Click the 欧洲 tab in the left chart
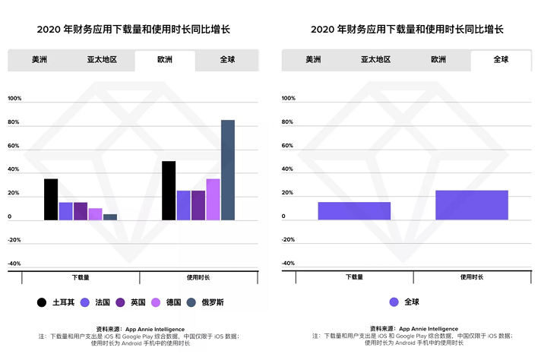(164, 60)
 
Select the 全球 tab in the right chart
(501, 59)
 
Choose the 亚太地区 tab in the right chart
(376, 59)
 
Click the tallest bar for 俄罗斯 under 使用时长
(228, 170)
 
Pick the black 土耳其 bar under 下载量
(51, 200)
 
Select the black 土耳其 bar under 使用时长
(169, 191)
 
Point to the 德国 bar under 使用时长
(213, 200)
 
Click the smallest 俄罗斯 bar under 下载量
(110, 217)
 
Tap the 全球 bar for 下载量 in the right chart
(354, 211)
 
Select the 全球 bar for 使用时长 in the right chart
(471, 205)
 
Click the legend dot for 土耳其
(42, 302)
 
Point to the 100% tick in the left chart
(14, 99)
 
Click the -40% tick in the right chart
(288, 263)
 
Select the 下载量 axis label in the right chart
(354, 277)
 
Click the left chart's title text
(133, 29)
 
